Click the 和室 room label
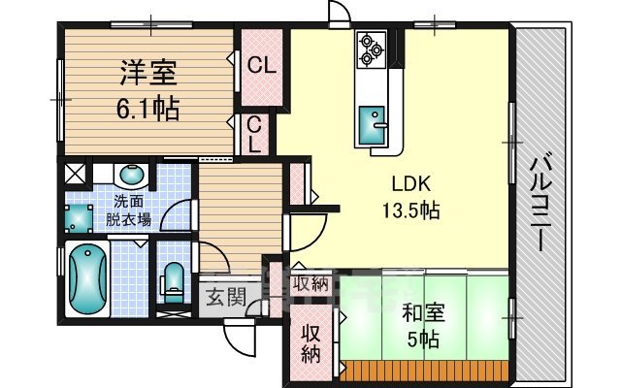(x=424, y=313)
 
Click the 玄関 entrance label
(x=223, y=297)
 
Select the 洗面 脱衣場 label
(x=130, y=210)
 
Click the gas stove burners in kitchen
(x=372, y=49)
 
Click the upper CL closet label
(x=260, y=67)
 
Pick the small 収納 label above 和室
(x=310, y=284)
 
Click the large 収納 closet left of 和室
(x=310, y=341)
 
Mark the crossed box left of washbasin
(x=75, y=176)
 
